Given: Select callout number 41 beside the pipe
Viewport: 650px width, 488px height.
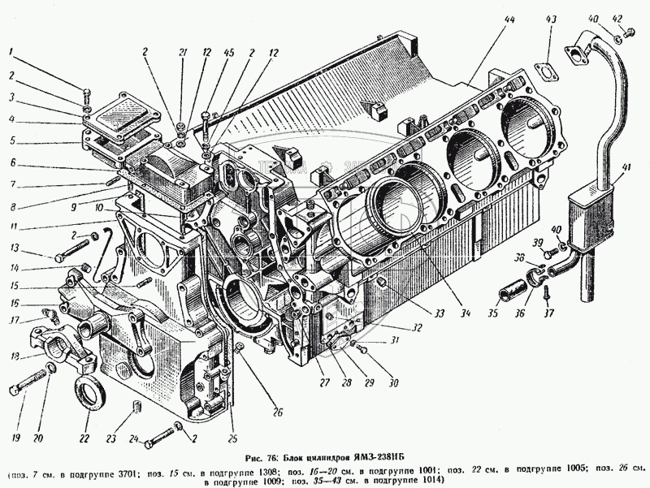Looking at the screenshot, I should pyautogui.click(x=625, y=168).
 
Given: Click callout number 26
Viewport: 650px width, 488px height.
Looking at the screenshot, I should pyautogui.click(x=277, y=412).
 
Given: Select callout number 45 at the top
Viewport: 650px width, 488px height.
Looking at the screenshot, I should pyautogui.click(x=229, y=53).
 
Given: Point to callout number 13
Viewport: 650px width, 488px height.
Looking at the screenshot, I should pyautogui.click(x=14, y=248).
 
